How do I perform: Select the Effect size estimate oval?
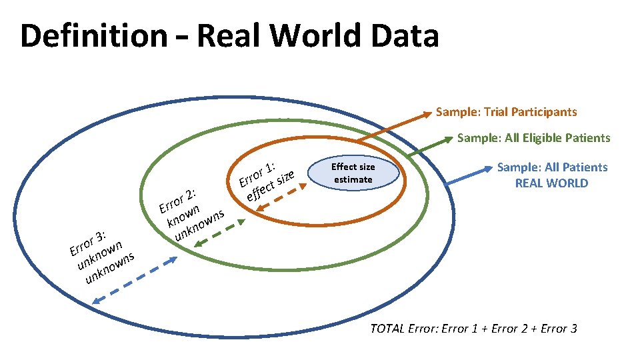click(x=353, y=173)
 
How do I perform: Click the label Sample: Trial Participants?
click(x=506, y=112)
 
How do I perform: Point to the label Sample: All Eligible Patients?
click(x=533, y=138)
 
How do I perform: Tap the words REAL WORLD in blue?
click(x=552, y=183)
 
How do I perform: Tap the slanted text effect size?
click(x=269, y=186)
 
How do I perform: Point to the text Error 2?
click(x=177, y=199)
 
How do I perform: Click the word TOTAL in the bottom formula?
click(x=387, y=329)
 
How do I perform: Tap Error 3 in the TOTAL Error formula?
click(x=559, y=329)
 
